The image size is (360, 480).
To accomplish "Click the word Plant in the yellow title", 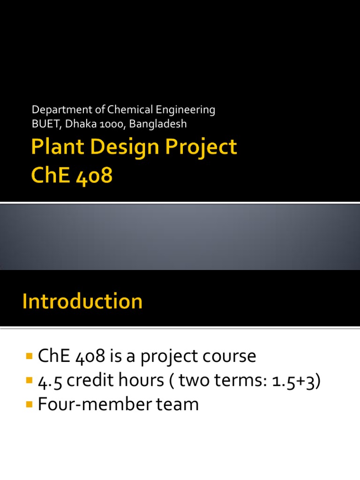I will point(53,147).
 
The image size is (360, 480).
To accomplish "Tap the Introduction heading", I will point(82,301).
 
